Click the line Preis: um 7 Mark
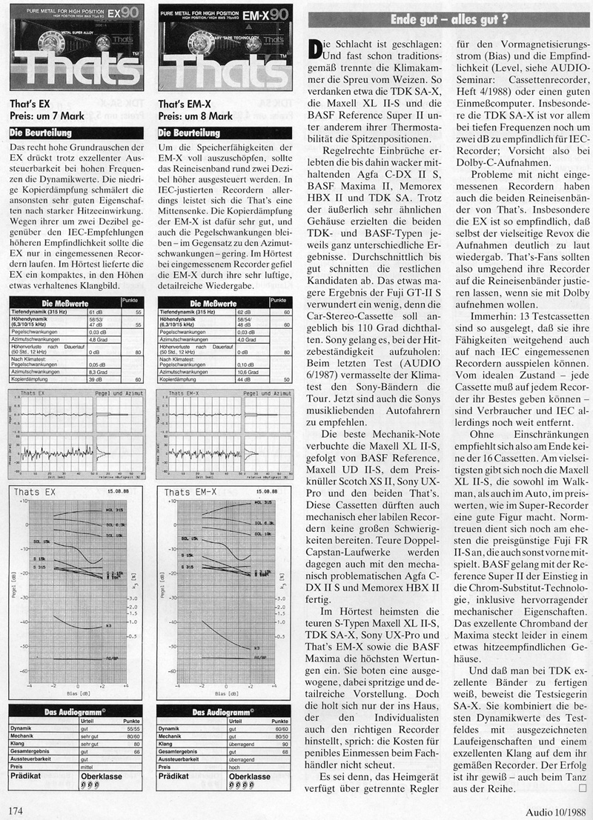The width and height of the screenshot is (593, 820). tap(44, 117)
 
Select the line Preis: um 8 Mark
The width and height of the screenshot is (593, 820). tap(196, 117)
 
